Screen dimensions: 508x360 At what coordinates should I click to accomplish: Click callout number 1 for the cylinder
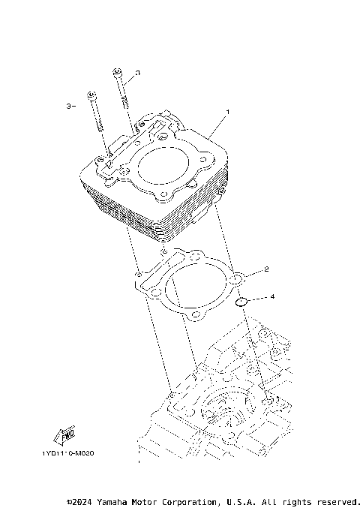[x=228, y=112]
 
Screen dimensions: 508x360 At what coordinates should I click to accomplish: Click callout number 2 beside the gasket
[x=266, y=269]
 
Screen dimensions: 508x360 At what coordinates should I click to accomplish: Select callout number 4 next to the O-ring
[x=272, y=297]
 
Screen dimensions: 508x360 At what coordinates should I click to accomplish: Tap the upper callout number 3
[x=138, y=74]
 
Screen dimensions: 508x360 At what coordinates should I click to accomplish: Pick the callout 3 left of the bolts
[x=68, y=107]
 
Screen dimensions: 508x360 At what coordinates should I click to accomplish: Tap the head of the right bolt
[x=118, y=72]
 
